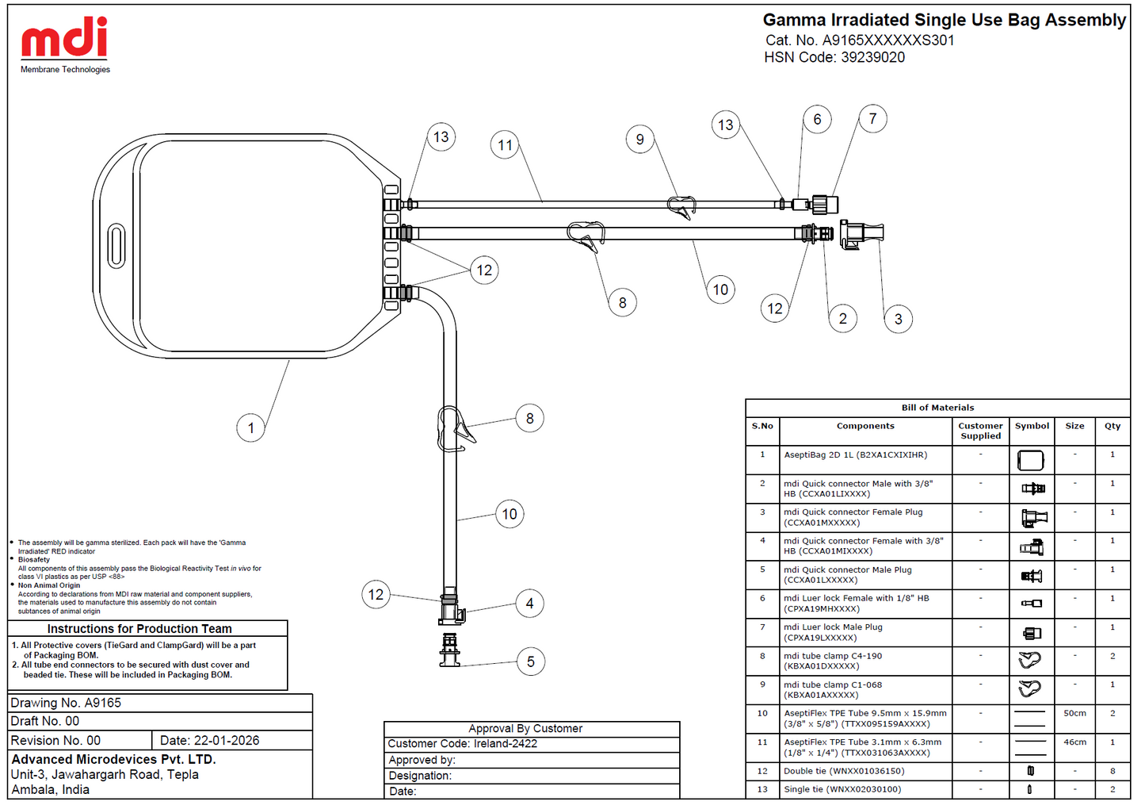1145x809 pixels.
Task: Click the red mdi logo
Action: [x=64, y=36]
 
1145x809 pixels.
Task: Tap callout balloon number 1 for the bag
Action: [x=250, y=428]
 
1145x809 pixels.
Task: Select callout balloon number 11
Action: [x=505, y=145]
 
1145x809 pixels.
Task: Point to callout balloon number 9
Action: [x=640, y=139]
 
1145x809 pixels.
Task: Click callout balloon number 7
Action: [x=872, y=119]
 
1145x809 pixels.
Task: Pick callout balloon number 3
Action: [x=898, y=319]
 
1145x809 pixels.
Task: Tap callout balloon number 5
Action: [x=531, y=661]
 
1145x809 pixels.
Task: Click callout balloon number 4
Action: [x=529, y=604]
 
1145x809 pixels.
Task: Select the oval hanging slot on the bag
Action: [x=116, y=246]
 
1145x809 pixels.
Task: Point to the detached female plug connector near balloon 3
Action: [x=861, y=234]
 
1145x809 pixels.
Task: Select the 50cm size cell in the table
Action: [x=1074, y=713]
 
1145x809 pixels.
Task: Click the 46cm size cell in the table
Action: [x=1074, y=742]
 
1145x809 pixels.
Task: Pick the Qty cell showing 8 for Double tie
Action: [x=1113, y=771]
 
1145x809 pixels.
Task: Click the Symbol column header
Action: [x=1032, y=426]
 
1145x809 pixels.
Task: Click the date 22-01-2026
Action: [x=227, y=741]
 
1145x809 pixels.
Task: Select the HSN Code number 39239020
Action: [x=872, y=57]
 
